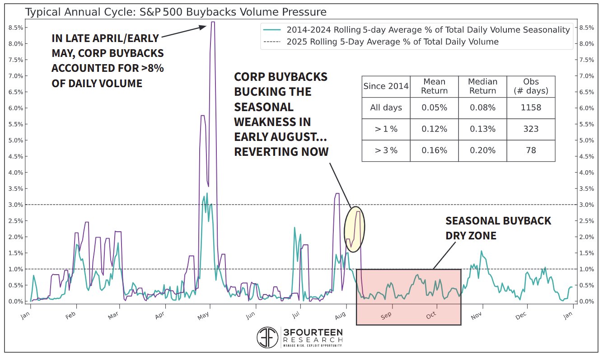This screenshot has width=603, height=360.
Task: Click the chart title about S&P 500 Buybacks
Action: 175,11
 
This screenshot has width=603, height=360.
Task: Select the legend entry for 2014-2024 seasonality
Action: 428,30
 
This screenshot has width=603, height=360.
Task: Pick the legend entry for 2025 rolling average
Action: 392,42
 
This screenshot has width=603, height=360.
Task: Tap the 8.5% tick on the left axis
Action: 16,28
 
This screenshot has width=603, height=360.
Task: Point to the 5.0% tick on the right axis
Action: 586,140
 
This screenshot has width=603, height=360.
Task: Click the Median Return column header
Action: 482,86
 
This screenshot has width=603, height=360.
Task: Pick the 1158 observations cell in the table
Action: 531,108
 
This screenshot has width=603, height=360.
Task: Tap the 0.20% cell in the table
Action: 482,150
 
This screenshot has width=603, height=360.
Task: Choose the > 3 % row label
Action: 386,150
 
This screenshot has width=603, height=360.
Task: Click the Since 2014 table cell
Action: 386,86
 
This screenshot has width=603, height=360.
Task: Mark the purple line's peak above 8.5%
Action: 212,22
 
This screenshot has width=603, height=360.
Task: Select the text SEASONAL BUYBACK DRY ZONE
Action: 498,228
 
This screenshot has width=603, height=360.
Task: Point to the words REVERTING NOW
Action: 281,152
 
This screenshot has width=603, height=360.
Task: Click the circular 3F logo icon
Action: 267,337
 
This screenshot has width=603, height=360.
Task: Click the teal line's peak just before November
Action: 481,251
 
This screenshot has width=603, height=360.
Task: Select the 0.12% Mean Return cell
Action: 434,129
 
